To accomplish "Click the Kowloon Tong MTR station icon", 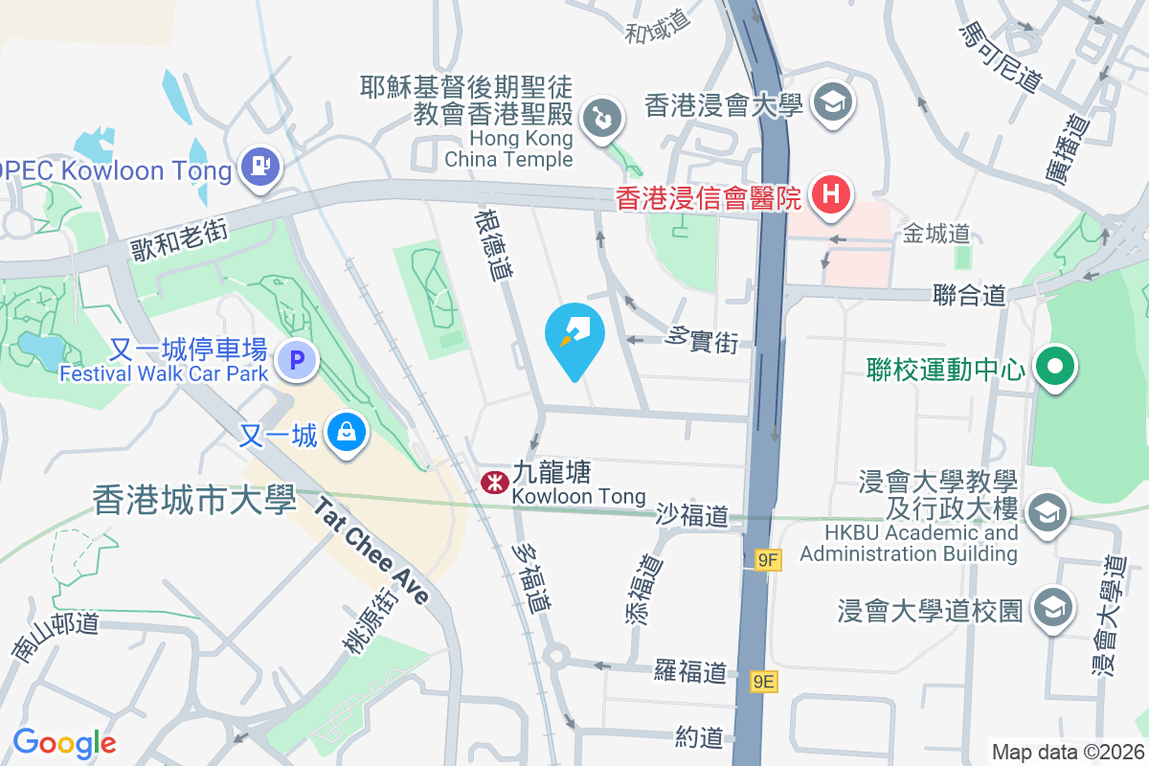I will coord(493,483).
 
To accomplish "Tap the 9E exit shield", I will coord(764,681).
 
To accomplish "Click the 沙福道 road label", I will coord(692,516).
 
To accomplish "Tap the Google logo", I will coord(64,743).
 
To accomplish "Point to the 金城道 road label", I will coord(936,233).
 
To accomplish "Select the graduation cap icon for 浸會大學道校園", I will coord(1053,609).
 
